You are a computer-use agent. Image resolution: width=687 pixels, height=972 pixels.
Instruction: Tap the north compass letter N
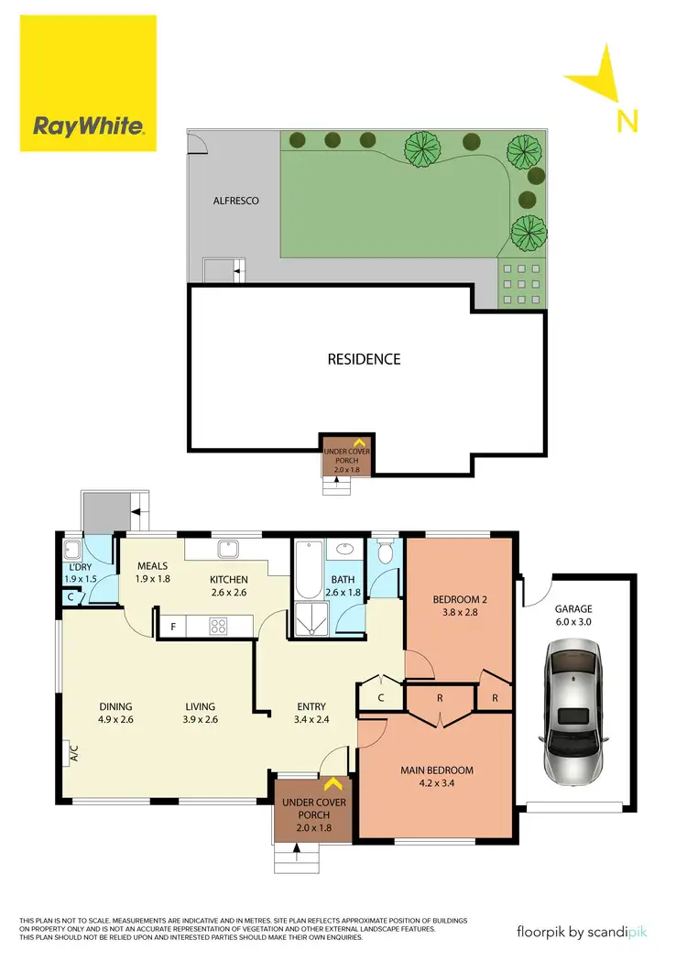tap(627, 120)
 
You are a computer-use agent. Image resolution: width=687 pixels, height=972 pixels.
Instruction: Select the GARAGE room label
tap(572, 608)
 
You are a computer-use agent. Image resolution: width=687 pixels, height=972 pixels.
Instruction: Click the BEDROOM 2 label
tap(460, 600)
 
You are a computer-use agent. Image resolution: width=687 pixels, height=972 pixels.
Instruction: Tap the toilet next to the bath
tap(385, 552)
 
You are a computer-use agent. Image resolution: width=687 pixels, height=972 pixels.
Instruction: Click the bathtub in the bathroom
tap(306, 571)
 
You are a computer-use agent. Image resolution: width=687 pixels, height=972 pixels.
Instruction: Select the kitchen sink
tap(226, 550)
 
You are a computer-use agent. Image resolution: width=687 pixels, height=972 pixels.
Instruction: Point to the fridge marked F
tap(173, 628)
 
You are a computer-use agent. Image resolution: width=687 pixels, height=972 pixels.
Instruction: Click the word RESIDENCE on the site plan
tap(364, 359)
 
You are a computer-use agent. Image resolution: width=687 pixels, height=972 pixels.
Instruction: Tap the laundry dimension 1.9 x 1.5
tap(79, 579)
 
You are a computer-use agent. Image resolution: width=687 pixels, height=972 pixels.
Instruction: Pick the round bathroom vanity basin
tap(345, 550)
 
